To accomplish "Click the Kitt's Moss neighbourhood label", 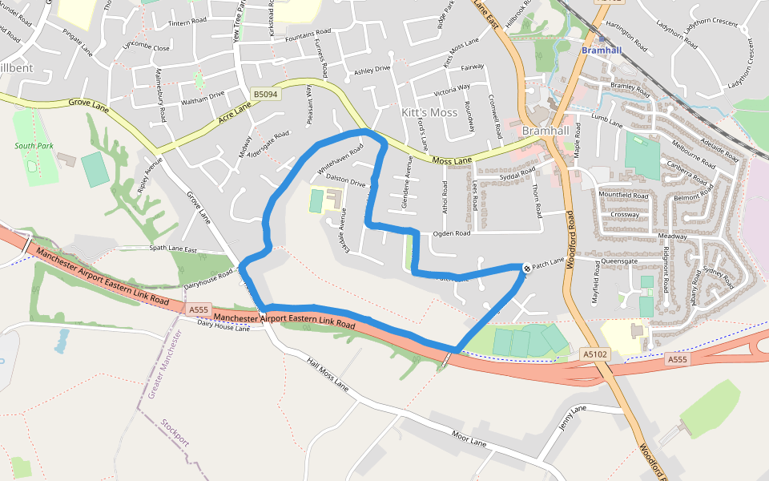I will coord(429,113).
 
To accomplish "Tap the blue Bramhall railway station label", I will coord(602,51).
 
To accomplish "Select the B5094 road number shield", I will coord(264,95).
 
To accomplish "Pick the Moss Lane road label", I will coord(452,162).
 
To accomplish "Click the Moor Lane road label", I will coord(469,439).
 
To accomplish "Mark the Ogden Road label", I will coord(451,234).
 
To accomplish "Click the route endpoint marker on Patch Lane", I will coord(526,269).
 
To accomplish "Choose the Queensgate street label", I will coord(618,261).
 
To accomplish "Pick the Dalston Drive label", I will coord(346,183).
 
